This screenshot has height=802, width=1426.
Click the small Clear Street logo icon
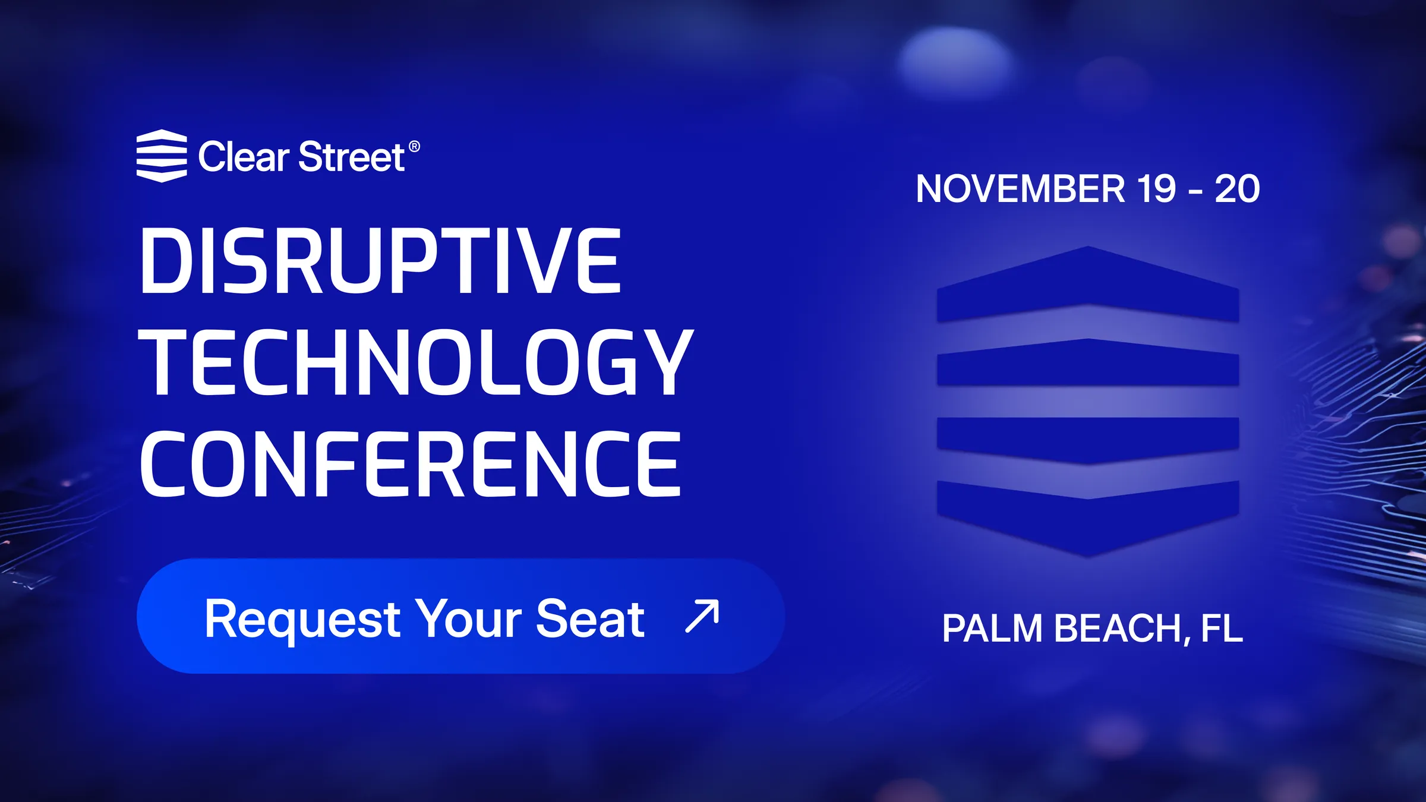162,156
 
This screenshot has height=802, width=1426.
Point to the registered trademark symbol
414,147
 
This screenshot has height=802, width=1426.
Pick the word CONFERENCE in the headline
411,464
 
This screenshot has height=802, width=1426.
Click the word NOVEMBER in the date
1021,189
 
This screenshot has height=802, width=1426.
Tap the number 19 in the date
1156,189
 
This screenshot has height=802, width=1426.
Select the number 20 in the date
1237,189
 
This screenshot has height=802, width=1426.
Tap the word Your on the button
469,619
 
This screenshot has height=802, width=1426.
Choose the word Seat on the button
590,619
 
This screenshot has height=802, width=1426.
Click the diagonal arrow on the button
702,616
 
